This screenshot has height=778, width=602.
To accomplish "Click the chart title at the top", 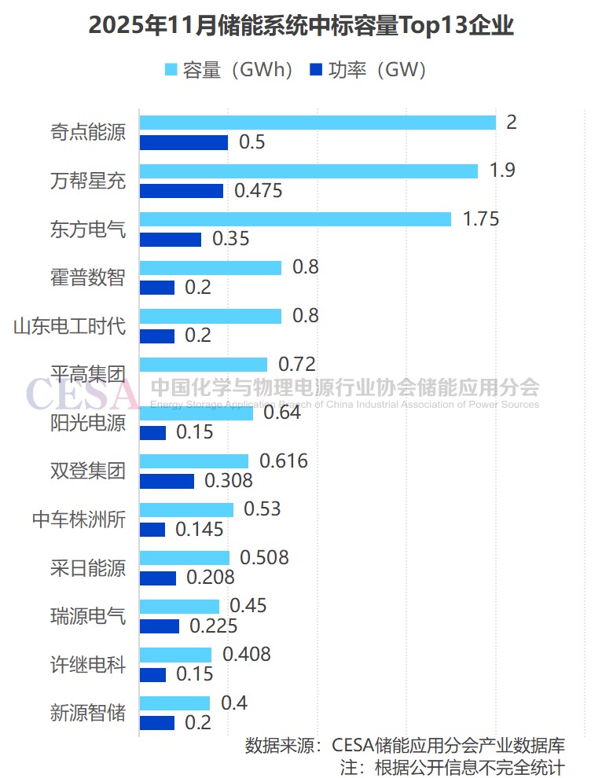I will click(x=301, y=27).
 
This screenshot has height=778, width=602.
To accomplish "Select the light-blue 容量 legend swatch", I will click(x=171, y=71).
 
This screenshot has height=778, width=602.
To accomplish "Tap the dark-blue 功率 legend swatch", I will click(x=317, y=71).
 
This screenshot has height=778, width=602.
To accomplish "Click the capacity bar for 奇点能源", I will click(x=318, y=123).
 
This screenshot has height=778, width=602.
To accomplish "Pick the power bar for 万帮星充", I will click(x=182, y=191).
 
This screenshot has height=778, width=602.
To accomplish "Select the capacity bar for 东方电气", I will click(x=295, y=219).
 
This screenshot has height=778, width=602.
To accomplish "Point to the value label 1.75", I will click(x=481, y=219).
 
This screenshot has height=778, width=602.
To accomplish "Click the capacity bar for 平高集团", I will click(x=203, y=365).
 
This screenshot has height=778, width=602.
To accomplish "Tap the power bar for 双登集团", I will click(x=167, y=481).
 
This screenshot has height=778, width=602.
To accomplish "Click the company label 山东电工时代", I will click(x=69, y=326).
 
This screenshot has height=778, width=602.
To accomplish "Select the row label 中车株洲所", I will click(x=79, y=519).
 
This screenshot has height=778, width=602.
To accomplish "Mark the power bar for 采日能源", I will click(x=157, y=578).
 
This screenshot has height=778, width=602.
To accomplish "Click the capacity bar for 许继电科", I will click(x=175, y=655).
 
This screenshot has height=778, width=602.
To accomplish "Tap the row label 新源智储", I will click(x=87, y=713).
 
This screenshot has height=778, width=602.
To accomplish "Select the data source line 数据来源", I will click(x=405, y=745).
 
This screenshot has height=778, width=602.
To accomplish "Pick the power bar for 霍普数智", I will click(x=156, y=288).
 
